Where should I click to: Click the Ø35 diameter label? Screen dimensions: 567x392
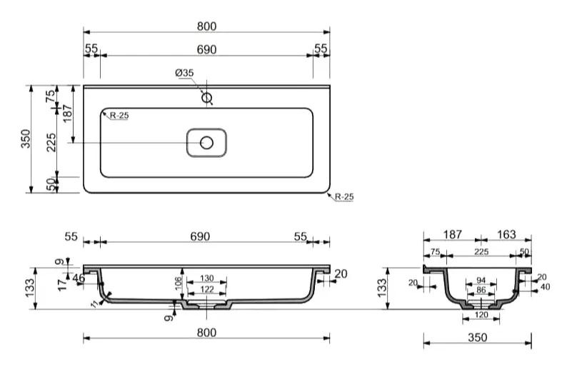(x=184, y=73)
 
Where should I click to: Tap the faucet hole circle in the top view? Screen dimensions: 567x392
(x=207, y=98)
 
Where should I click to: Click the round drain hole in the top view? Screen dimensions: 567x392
(x=207, y=143)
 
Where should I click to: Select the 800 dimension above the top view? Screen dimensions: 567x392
(x=207, y=26)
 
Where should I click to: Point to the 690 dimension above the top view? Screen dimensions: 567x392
(x=207, y=49)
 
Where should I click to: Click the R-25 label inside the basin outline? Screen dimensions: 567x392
(x=119, y=116)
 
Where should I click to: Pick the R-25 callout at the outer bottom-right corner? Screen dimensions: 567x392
(x=344, y=197)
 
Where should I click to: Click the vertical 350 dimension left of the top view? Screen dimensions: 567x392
(x=26, y=139)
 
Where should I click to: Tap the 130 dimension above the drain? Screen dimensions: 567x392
(x=207, y=278)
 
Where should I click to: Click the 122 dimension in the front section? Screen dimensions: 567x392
(x=207, y=289)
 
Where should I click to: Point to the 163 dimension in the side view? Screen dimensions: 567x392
(x=506, y=234)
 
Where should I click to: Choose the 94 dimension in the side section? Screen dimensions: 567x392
(x=481, y=281)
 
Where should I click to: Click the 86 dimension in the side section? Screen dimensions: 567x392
(x=481, y=290)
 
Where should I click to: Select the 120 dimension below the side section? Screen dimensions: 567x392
(x=481, y=315)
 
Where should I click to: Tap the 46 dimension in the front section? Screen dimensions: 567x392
(x=79, y=278)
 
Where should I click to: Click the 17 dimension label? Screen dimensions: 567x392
(x=63, y=285)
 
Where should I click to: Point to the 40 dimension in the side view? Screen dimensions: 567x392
(x=545, y=287)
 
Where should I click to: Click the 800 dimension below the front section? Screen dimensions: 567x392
(x=207, y=333)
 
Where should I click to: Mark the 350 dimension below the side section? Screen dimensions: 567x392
(x=478, y=338)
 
